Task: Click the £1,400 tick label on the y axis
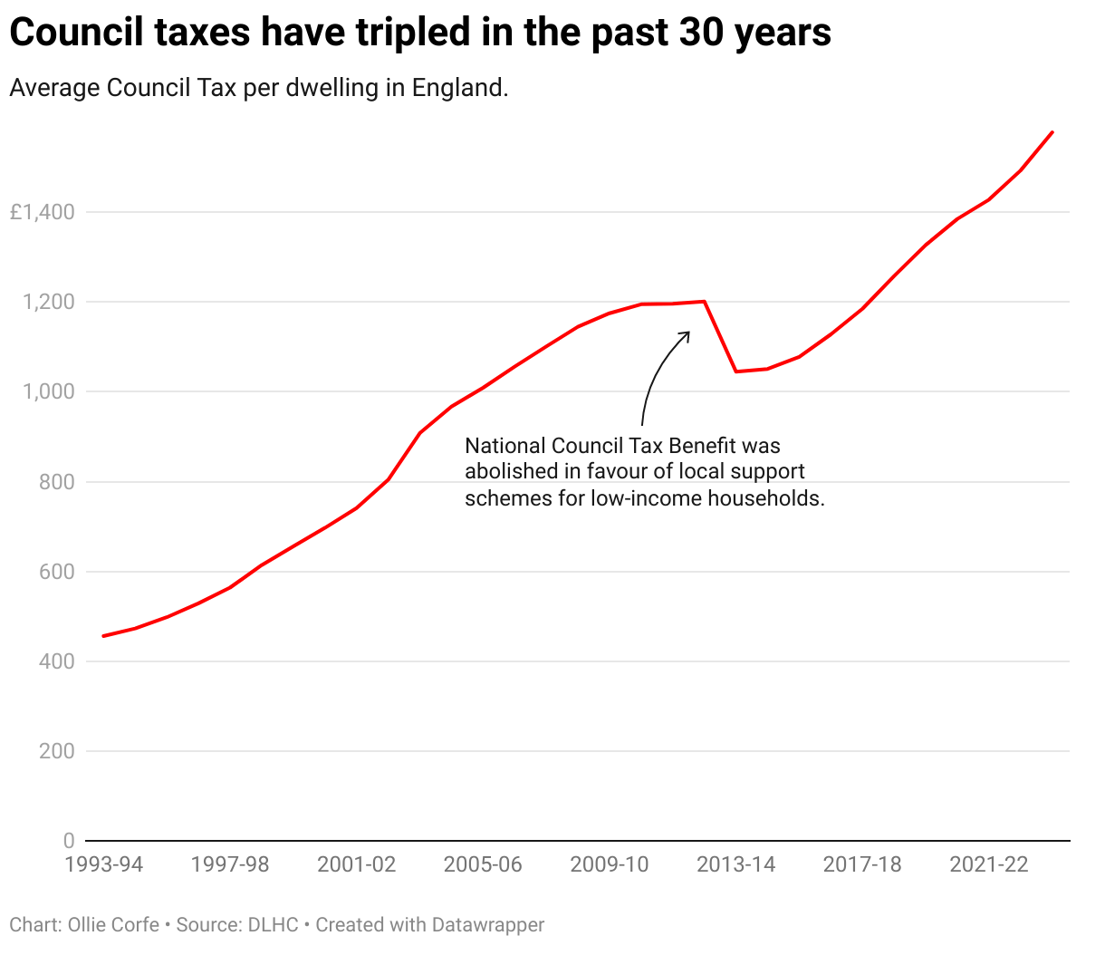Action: click(42, 213)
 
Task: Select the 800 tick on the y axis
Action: click(56, 482)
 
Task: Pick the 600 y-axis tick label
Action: click(56, 572)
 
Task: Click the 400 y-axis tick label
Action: click(56, 661)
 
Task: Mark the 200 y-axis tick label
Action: click(56, 751)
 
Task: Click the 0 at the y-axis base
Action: click(68, 841)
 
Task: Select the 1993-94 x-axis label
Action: click(103, 864)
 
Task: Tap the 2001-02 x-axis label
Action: click(356, 864)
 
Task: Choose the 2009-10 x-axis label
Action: click(609, 864)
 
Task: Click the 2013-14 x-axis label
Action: click(735, 864)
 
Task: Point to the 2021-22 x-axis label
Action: click(988, 864)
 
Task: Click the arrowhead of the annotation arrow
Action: click(687, 333)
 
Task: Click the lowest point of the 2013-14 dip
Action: click(736, 371)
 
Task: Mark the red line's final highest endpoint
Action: click(1052, 132)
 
